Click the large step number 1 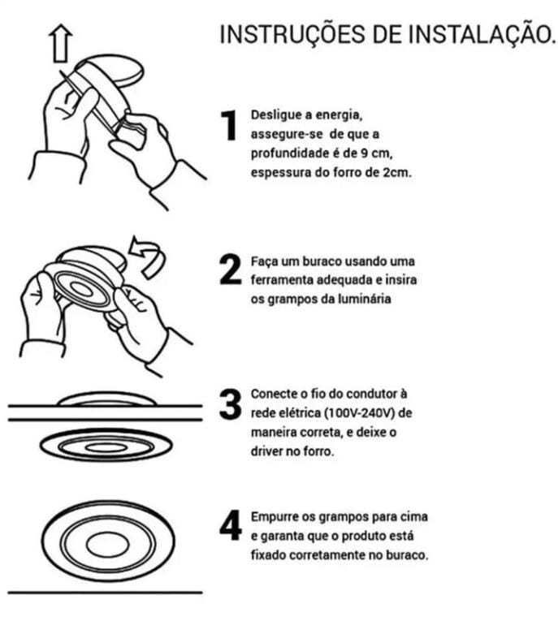tap(229, 126)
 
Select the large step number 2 tap(230, 270)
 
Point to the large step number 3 tap(230, 404)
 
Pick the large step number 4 tap(230, 525)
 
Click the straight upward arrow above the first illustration tap(61, 43)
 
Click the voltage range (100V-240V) tap(361, 413)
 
